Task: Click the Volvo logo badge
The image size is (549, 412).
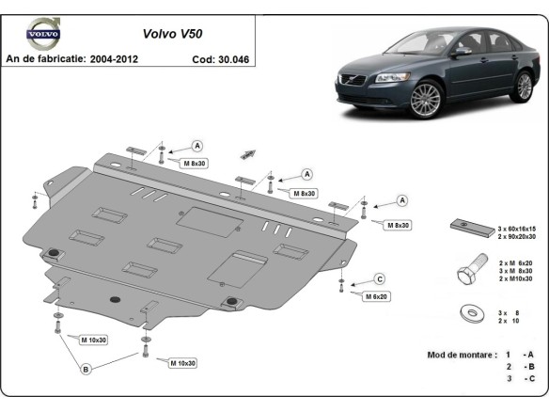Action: pos(42,31)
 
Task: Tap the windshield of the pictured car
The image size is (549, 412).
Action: pos(424,42)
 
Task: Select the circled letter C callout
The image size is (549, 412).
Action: pos(380,278)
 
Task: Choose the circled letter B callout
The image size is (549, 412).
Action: pos(86,370)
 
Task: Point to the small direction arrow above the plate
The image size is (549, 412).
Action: pos(249,153)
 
